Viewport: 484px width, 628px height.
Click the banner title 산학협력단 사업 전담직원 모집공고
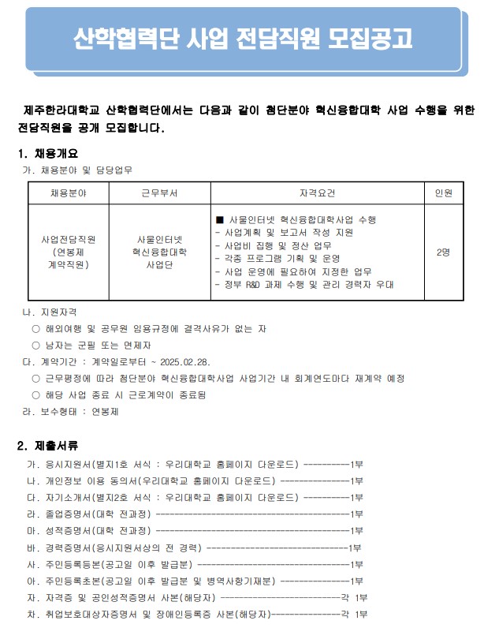click(x=242, y=37)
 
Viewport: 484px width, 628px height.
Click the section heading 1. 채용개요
click(x=48, y=153)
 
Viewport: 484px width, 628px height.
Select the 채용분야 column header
click(x=69, y=193)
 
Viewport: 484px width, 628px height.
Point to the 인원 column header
click(x=443, y=193)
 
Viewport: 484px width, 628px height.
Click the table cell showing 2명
click(x=443, y=252)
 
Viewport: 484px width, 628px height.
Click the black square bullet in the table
click(x=220, y=219)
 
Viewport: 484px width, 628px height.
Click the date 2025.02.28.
click(x=185, y=362)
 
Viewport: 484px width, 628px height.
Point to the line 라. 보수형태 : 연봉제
click(x=72, y=411)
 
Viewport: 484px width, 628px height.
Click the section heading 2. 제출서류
click(x=48, y=446)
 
